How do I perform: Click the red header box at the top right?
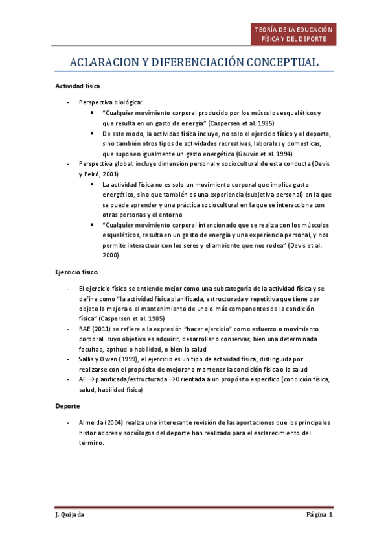294,34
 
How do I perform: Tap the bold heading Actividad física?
77,86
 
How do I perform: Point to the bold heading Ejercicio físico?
76,273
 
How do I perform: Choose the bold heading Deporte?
67,405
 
